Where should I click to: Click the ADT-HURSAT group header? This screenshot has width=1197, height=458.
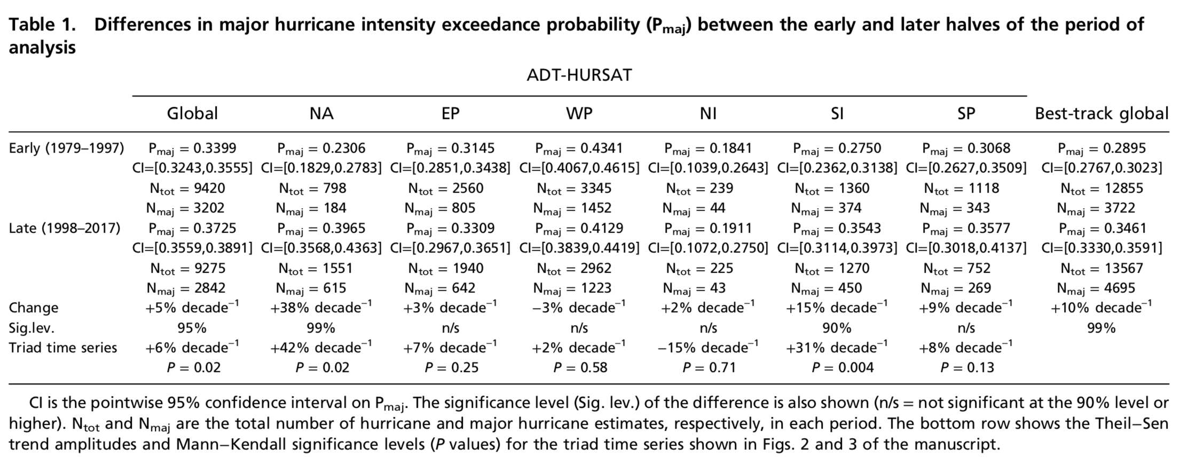coord(579,75)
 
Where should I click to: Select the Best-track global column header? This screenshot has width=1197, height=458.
coord(1101,114)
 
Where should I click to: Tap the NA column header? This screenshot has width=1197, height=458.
coord(321,114)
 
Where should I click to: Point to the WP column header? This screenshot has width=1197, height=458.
coord(579,114)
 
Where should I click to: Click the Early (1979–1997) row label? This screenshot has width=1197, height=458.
coord(66,148)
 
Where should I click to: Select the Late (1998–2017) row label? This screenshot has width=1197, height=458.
coord(65,228)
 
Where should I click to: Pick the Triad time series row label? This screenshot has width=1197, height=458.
coord(62,348)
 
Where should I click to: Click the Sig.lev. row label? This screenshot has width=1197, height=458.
coord(31,328)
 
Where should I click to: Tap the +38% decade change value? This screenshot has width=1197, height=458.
coord(321,307)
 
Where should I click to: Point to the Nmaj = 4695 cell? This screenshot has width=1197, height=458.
coord(1101,288)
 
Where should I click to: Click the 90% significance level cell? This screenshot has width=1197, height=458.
coord(837,328)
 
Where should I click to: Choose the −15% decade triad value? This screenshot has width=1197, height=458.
coord(708,348)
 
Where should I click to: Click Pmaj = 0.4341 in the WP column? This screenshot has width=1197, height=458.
coord(579,148)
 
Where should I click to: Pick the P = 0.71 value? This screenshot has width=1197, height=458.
coord(708,368)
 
